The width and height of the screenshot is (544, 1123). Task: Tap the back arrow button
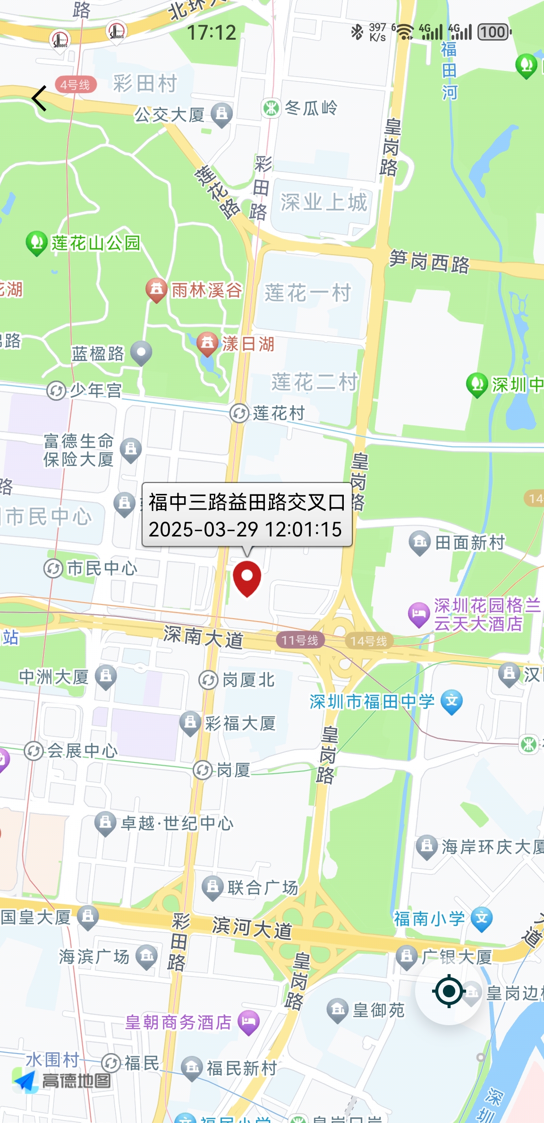40,98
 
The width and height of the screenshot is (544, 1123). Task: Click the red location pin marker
247,578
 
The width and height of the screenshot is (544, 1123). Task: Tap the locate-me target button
449,991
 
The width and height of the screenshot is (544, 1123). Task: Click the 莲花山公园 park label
95,243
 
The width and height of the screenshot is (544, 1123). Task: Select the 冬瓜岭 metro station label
311,108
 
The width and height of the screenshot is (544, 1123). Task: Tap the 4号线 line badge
76,85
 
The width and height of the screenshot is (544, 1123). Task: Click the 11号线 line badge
300,640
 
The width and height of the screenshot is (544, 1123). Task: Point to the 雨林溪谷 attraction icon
156,289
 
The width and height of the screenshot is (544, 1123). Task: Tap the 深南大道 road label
203,637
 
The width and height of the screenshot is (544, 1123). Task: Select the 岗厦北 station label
248,680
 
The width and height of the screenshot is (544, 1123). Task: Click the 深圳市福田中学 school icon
451,701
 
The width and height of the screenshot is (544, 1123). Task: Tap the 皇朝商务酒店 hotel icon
249,1022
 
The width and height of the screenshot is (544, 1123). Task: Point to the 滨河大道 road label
252,927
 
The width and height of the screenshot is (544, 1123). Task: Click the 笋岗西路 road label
429,261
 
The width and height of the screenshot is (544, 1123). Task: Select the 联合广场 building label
263,887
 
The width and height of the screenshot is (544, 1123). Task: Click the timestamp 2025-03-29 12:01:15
245,529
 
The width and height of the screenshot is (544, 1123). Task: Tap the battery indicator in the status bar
494,32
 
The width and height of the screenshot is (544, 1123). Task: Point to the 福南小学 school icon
482,918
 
